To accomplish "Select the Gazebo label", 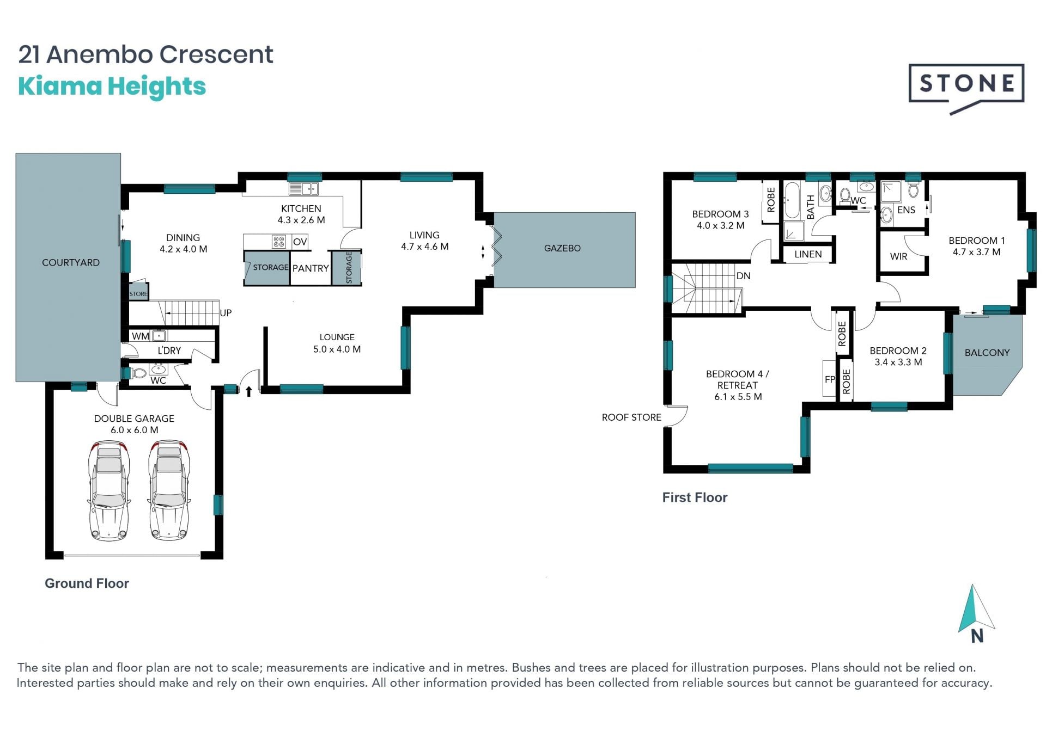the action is pyautogui.click(x=562, y=248).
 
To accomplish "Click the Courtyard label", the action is pyautogui.click(x=71, y=262).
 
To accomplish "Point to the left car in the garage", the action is pyautogui.click(x=109, y=491).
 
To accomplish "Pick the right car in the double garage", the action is pyautogui.click(x=169, y=491).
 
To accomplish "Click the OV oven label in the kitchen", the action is pyautogui.click(x=300, y=242).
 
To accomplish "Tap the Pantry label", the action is pyautogui.click(x=311, y=268).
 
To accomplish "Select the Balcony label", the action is pyautogui.click(x=987, y=353).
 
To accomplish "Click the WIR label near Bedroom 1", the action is pyautogui.click(x=898, y=256).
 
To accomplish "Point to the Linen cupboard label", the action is pyautogui.click(x=808, y=254).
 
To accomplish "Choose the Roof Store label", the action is pyautogui.click(x=631, y=417).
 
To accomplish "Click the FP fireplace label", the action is pyautogui.click(x=830, y=380).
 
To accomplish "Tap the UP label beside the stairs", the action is pyautogui.click(x=226, y=313).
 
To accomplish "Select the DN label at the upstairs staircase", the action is pyautogui.click(x=744, y=276).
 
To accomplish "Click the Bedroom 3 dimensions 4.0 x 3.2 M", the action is pyautogui.click(x=720, y=225).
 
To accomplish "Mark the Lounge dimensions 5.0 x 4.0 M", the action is pyautogui.click(x=337, y=349).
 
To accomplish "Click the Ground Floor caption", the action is pyautogui.click(x=87, y=583).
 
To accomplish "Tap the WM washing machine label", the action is pyautogui.click(x=141, y=336).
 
